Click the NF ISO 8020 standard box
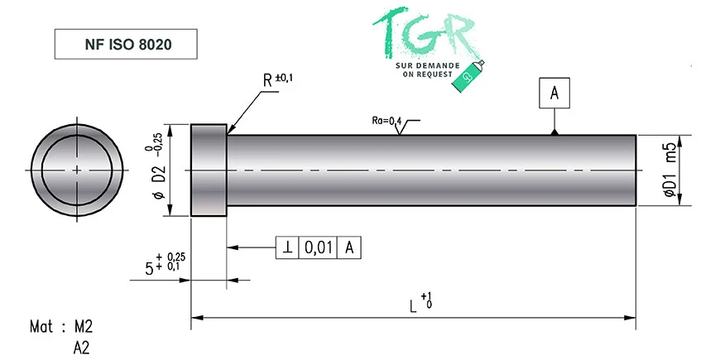(x=126, y=44)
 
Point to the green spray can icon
(x=468, y=76)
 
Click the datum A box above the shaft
(x=554, y=94)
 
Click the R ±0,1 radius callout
(x=278, y=80)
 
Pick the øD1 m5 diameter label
(x=670, y=170)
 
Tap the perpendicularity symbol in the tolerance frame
(x=287, y=248)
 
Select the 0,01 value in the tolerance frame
(x=318, y=248)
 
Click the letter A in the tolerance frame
(x=349, y=248)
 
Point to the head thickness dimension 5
(x=149, y=269)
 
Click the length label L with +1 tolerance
(x=420, y=305)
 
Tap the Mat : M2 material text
(x=61, y=327)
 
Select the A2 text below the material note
(x=81, y=348)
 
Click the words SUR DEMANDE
(x=428, y=66)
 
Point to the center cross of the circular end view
(x=77, y=170)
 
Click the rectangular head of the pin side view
(x=209, y=170)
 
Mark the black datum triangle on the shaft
(x=554, y=132)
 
